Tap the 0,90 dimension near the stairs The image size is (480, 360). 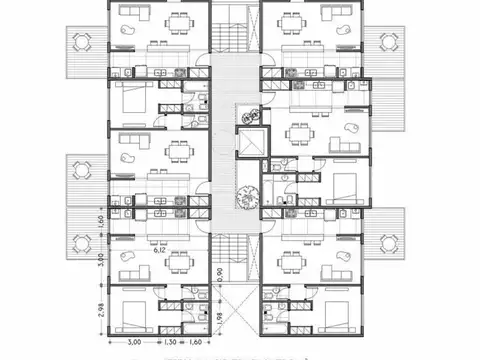tap(220, 273)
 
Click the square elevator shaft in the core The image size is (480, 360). tap(248, 143)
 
